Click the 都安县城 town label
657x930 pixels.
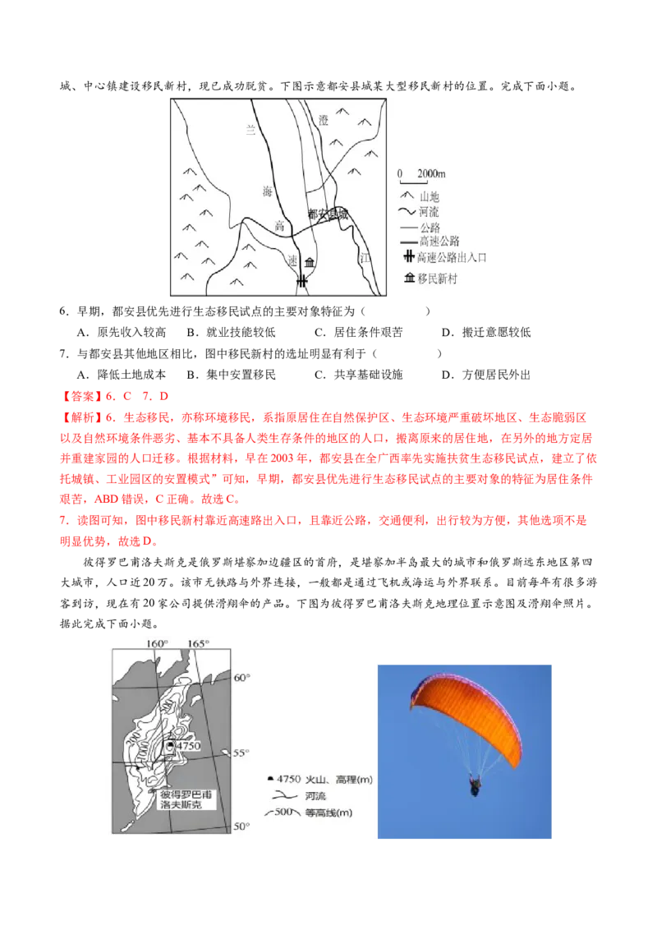pos(328,214)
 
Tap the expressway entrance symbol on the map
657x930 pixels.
pos(302,282)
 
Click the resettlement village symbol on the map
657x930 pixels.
pos(310,263)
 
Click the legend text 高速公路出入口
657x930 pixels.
pos(453,257)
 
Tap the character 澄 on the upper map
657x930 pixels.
pos(324,120)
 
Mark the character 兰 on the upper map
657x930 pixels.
pos(252,128)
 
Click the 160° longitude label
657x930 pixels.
pos(156,642)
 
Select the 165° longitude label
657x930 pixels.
pos(198,642)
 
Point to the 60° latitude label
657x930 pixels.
pos(242,678)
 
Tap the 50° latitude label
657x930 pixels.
pos(241,826)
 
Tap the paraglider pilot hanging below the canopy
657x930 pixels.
pos(475,786)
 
